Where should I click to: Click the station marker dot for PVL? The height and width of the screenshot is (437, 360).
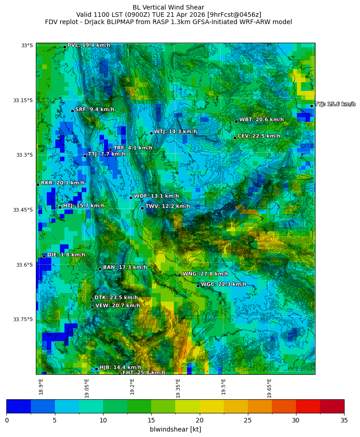click(64, 47)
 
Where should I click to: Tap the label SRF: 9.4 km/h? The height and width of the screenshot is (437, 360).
click(94, 109)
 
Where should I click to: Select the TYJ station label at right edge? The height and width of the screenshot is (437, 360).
click(335, 104)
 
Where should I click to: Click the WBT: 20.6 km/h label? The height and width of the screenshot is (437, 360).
click(261, 120)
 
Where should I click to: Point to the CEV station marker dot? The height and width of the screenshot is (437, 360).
click(235, 138)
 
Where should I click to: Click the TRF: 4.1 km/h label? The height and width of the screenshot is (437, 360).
click(133, 148)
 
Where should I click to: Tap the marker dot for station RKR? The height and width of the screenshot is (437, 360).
click(38, 184)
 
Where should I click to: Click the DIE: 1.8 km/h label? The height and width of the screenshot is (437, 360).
click(66, 255)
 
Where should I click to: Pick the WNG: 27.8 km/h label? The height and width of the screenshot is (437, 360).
click(205, 274)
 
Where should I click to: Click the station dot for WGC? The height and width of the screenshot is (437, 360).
click(198, 286)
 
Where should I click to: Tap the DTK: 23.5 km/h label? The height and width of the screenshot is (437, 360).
click(116, 298)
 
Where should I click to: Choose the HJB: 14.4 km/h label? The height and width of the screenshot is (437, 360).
click(120, 367)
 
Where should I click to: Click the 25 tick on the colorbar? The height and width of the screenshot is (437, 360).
click(248, 420)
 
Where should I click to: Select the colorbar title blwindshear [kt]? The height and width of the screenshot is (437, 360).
click(175, 429)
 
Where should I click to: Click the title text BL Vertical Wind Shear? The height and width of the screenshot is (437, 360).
click(168, 7)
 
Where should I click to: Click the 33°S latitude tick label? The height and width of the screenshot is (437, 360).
click(27, 45)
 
